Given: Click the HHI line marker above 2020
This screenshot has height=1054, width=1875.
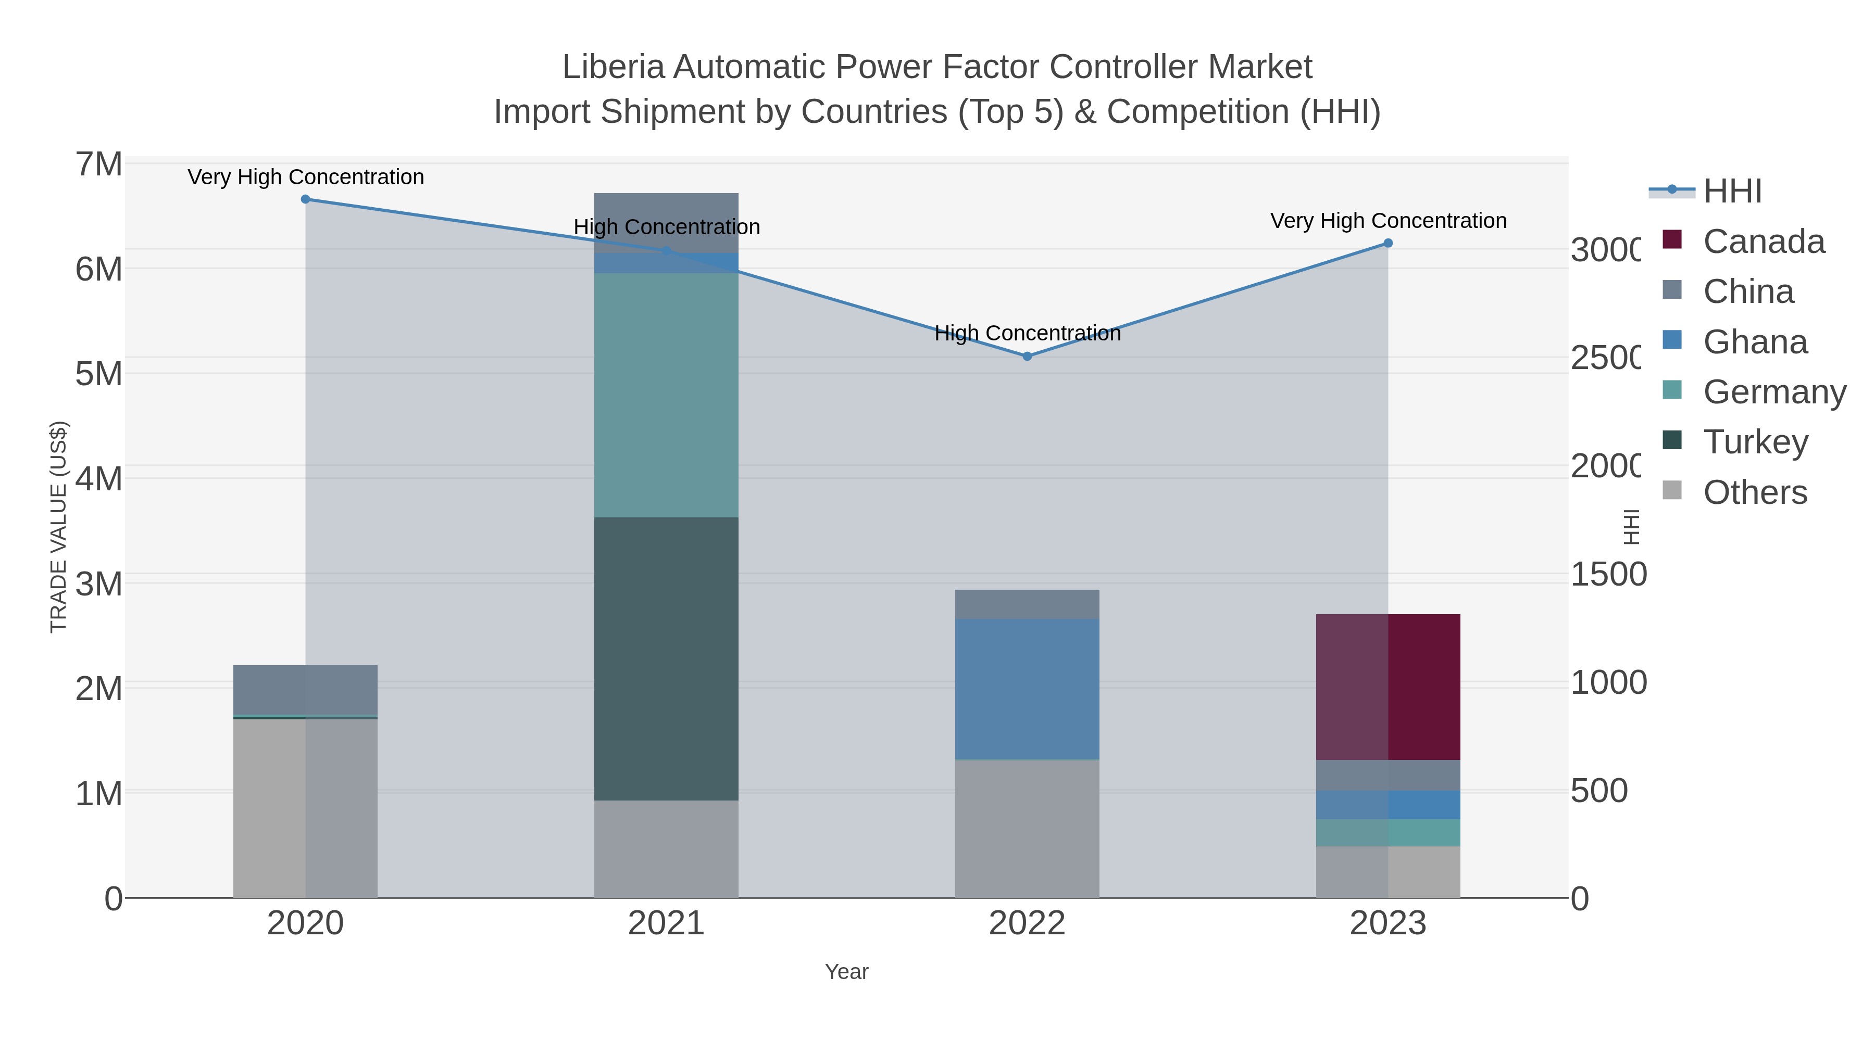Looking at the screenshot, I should coord(306,199).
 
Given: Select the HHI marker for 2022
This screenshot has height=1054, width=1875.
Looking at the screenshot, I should coord(1027,357).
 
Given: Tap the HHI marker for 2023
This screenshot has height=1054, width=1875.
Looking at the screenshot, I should coord(1388,243).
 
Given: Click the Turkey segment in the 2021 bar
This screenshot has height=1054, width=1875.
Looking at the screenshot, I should coord(666,658).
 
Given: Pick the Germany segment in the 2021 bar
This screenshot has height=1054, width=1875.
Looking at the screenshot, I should coord(666,395).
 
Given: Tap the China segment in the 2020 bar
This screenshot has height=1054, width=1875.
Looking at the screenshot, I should coord(306,690).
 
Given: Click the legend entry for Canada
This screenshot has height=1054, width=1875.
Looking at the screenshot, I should coord(1764,242).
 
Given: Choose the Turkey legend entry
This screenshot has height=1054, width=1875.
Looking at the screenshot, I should coord(1755,441).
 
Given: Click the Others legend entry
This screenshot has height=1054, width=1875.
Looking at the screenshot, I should coord(1754,492).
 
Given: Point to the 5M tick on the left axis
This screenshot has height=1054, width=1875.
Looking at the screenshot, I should coord(99,374).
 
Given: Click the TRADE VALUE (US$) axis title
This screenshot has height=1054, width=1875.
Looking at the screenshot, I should coord(58,527).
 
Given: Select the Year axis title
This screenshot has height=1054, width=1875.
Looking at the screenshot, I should coord(846,972).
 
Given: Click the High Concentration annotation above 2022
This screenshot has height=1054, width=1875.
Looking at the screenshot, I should coord(1027,333).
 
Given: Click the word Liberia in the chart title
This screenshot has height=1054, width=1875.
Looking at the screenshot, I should coord(613,67).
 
